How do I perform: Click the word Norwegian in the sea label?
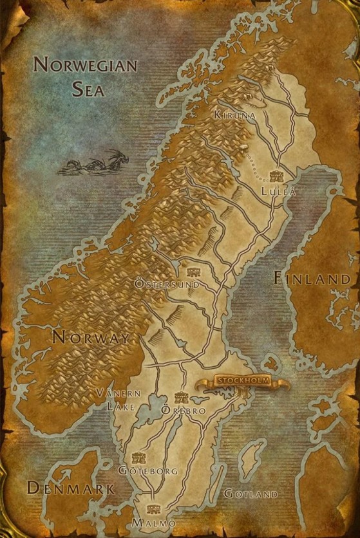click(85, 65)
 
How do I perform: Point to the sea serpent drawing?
click(94, 163)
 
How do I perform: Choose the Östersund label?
click(166, 283)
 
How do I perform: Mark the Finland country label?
click(313, 279)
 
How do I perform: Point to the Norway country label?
click(91, 337)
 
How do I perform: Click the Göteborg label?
click(147, 471)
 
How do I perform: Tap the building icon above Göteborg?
click(137, 458)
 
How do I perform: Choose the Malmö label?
click(153, 523)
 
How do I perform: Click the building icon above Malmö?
click(153, 509)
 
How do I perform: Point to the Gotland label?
click(251, 494)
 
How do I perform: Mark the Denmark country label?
click(70, 488)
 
